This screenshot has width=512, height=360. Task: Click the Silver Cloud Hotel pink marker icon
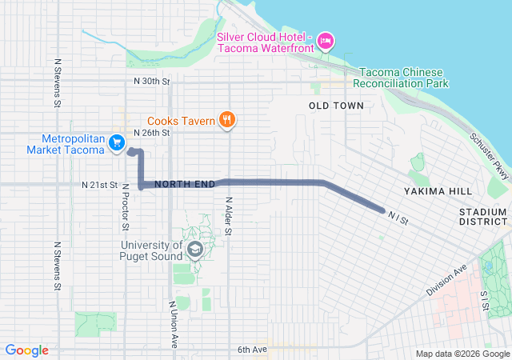point(326,40)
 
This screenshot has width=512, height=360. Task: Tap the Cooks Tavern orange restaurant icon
point(228,121)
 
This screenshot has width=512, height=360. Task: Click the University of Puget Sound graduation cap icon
point(194,251)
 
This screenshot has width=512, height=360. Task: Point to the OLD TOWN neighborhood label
point(336,106)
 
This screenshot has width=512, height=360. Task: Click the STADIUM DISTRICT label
point(483,216)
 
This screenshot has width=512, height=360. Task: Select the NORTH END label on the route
point(185,185)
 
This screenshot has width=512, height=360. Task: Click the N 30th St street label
point(152,82)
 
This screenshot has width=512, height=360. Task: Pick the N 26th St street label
point(152,133)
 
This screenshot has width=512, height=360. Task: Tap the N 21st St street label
point(100,185)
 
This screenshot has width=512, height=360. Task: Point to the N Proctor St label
point(126,210)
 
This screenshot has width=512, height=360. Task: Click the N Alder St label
point(228,216)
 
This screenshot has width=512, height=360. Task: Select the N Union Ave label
point(173,324)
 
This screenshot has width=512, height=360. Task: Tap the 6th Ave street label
point(251,350)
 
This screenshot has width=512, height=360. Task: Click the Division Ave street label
point(446,282)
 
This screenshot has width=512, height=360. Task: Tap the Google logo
point(27,350)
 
